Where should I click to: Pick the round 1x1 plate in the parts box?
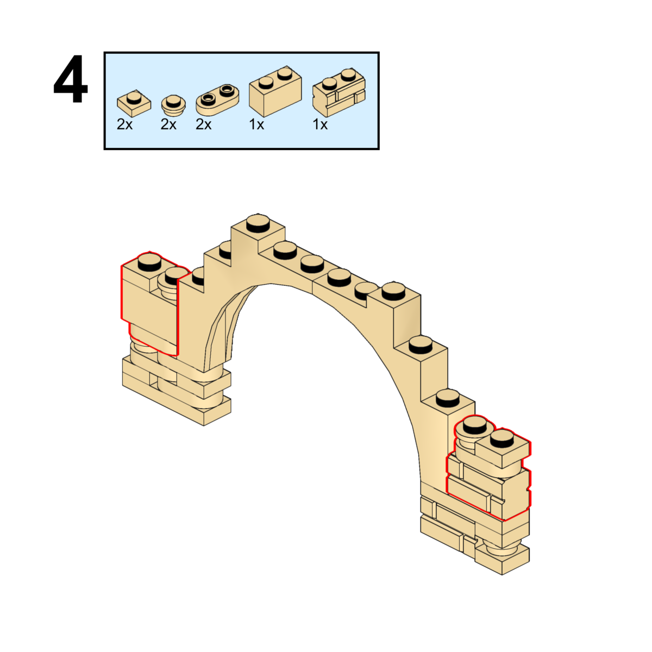[173, 104]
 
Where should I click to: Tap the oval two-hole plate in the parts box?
[217, 98]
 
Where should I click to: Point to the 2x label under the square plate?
[124, 124]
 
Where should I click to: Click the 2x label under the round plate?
[168, 124]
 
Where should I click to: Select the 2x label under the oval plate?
[204, 124]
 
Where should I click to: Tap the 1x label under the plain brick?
[256, 124]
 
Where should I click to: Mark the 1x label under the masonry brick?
[320, 124]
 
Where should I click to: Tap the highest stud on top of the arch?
[258, 222]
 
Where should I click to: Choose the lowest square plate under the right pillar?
[503, 560]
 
